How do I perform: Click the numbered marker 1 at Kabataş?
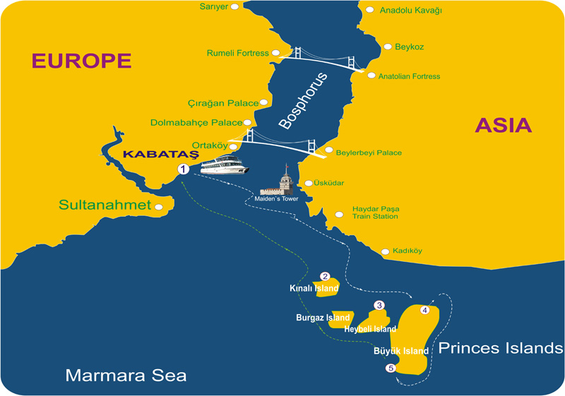[x=183, y=169]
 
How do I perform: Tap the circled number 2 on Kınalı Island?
[x=325, y=277]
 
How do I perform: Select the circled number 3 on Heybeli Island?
[x=379, y=306]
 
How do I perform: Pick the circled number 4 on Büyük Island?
[x=424, y=309]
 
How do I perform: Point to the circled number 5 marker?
[x=389, y=368]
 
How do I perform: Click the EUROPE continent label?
[x=81, y=61]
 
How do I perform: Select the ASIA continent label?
[x=503, y=126]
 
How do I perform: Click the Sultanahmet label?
[x=105, y=206]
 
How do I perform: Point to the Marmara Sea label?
[x=126, y=375]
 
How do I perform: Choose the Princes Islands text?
[x=501, y=348]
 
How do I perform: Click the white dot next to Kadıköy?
[x=385, y=251]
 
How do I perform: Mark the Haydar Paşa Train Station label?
[x=376, y=212]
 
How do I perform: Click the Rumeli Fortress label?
[x=237, y=53]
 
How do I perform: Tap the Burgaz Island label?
[x=319, y=318]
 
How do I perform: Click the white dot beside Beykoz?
[x=388, y=47]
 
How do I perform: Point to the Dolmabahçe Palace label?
[x=196, y=123]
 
